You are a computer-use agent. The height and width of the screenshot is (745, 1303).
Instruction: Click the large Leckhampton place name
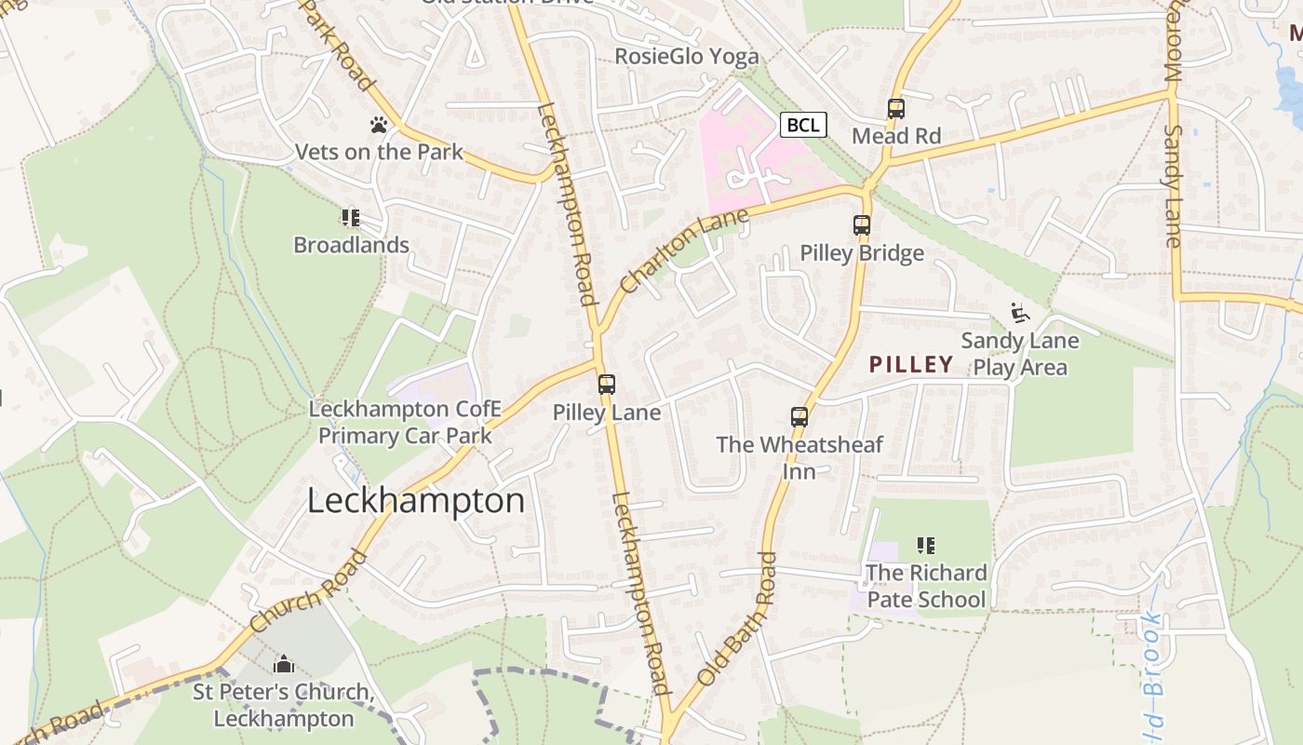pos(416,501)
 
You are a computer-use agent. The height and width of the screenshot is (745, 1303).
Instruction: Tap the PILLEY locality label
pos(911,364)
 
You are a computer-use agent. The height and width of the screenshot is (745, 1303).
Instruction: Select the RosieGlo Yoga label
pos(687,57)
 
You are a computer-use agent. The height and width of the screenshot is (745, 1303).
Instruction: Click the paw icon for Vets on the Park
pos(378,124)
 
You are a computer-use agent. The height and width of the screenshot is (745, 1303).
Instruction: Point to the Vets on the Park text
pos(378,151)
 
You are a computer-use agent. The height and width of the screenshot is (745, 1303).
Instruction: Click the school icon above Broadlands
pos(351,218)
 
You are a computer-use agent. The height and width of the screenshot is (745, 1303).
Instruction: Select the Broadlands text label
pos(351,245)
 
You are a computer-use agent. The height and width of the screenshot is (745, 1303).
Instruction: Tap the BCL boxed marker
pos(802,125)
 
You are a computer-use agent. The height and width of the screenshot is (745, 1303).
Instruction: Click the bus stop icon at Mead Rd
pos(896,109)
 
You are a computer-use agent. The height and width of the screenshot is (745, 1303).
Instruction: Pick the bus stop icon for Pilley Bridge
pos(862,225)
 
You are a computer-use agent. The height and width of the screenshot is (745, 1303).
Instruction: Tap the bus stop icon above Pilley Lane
pos(607,384)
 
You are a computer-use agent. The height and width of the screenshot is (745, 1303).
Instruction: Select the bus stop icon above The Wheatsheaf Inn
pos(799,416)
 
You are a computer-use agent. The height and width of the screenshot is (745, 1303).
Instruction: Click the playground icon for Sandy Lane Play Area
pos(1020,313)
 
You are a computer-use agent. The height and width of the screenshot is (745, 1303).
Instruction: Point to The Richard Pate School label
pos(926,586)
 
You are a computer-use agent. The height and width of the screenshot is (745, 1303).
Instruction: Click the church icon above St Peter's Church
pos(284,665)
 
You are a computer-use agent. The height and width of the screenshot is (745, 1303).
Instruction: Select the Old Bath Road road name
pos(735,618)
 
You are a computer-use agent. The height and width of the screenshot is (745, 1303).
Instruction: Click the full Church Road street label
pos(309,592)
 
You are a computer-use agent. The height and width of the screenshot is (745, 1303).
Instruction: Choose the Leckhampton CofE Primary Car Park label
pos(405,423)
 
